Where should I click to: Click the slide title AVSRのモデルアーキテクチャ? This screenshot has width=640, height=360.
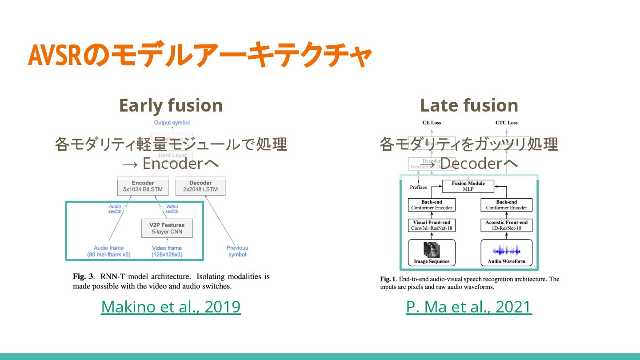[x=200, y=55]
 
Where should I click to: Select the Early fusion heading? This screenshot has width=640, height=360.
[x=171, y=106]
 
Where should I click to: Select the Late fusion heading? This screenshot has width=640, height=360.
[x=469, y=106]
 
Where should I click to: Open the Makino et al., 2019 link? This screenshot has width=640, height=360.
[x=171, y=307]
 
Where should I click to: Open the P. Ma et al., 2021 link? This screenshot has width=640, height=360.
[x=469, y=307]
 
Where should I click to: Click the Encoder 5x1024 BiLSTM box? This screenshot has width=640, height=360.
[x=143, y=186]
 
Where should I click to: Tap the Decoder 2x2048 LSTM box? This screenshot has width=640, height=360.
[x=200, y=186]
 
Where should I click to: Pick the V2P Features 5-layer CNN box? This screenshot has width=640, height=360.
[x=167, y=228]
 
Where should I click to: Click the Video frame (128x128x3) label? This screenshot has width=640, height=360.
[x=167, y=251]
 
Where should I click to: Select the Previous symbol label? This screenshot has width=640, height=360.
[x=237, y=251]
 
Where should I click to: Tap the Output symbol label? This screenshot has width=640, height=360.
[x=172, y=123]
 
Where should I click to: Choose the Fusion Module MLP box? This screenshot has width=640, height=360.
[x=468, y=186]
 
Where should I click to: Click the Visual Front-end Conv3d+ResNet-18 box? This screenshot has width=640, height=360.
[x=432, y=225]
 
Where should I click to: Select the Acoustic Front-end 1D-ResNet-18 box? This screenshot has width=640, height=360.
[x=506, y=225]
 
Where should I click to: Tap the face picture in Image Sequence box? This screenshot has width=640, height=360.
[x=431, y=249]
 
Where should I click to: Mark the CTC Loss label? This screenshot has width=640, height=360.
[x=506, y=123]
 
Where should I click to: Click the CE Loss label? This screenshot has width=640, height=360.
[x=431, y=123]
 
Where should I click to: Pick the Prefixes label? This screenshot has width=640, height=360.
[x=418, y=187]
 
